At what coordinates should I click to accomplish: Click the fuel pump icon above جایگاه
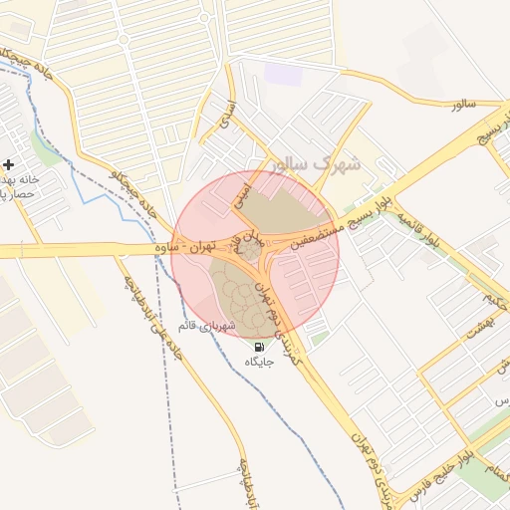[246, 348]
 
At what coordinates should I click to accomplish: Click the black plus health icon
[9, 164]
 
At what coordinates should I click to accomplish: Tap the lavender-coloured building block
[283, 74]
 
